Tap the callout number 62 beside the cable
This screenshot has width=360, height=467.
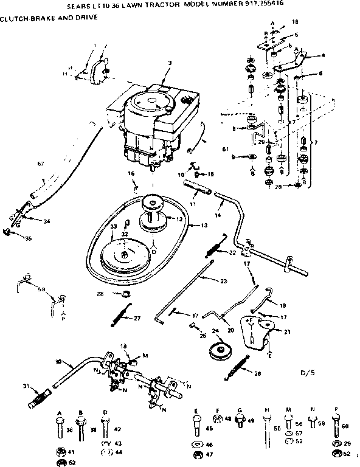click(x=41, y=163)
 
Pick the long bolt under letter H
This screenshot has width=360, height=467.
click(x=268, y=435)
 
